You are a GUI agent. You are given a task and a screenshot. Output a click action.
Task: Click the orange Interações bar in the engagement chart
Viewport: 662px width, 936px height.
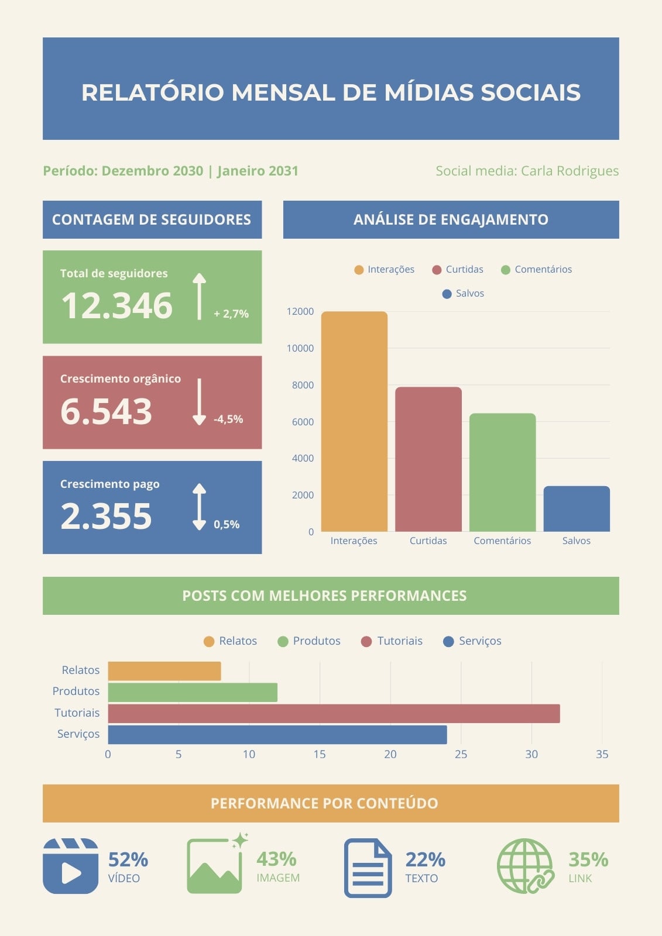coord(354,421)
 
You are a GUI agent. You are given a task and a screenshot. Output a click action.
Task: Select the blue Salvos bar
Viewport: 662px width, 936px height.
coord(577,508)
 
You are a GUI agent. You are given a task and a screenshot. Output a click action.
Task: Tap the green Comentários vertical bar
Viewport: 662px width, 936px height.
coord(502,472)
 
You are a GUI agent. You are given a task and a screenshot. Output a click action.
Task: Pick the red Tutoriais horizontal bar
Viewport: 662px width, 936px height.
coord(334,713)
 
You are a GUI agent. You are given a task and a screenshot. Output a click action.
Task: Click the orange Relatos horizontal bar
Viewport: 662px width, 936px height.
coord(164,671)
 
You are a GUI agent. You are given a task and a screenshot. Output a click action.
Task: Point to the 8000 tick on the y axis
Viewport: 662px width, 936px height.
coord(303,385)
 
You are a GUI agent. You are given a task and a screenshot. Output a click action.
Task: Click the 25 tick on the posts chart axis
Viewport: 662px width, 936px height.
coord(461,754)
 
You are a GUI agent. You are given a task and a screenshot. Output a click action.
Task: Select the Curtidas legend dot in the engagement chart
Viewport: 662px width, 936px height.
coord(437,270)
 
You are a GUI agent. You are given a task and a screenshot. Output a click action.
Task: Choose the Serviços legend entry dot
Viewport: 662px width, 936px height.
coord(448,641)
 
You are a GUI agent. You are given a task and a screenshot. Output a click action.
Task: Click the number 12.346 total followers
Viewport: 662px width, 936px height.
coord(116,305)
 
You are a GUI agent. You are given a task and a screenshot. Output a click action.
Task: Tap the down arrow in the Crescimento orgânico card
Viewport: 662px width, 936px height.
coord(200,402)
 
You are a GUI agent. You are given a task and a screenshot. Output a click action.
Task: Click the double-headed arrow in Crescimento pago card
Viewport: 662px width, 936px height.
coord(200,507)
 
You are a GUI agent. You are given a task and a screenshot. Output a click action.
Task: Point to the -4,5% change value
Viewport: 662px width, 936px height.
coord(228,419)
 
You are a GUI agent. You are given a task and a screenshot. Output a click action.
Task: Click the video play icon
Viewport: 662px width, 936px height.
coord(71,866)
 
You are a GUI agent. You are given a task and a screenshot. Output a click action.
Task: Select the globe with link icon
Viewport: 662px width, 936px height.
coord(526,866)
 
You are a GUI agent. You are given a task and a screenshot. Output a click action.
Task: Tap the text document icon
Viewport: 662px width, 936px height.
coord(368,868)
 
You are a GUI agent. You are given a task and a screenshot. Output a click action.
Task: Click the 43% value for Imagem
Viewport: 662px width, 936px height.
coord(276,859)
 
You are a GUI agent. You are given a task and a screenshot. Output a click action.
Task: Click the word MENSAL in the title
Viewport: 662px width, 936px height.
coord(283,92)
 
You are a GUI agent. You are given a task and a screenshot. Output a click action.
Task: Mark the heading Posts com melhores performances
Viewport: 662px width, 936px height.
coord(324,596)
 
